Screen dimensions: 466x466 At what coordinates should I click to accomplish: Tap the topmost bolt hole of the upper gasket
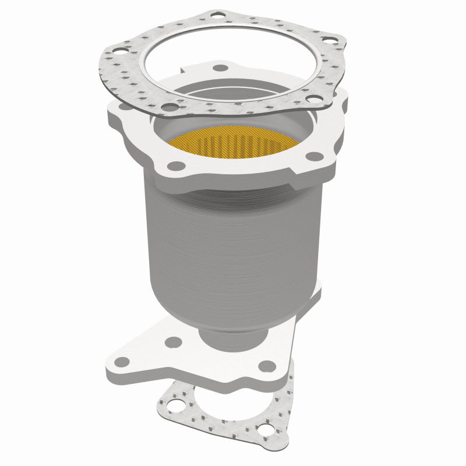[x=217, y=13]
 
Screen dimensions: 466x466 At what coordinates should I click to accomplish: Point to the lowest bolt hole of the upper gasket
[x=169, y=108]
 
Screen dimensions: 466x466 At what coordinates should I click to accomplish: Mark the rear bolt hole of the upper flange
[x=221, y=68]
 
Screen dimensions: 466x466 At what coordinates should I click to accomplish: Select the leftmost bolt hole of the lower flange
[x=123, y=362]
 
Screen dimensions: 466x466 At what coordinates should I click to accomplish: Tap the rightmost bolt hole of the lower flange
[x=266, y=366]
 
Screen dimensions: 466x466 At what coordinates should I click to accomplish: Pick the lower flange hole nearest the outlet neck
[x=173, y=343]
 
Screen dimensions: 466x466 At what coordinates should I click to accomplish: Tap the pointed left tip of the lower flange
[x=110, y=366]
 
